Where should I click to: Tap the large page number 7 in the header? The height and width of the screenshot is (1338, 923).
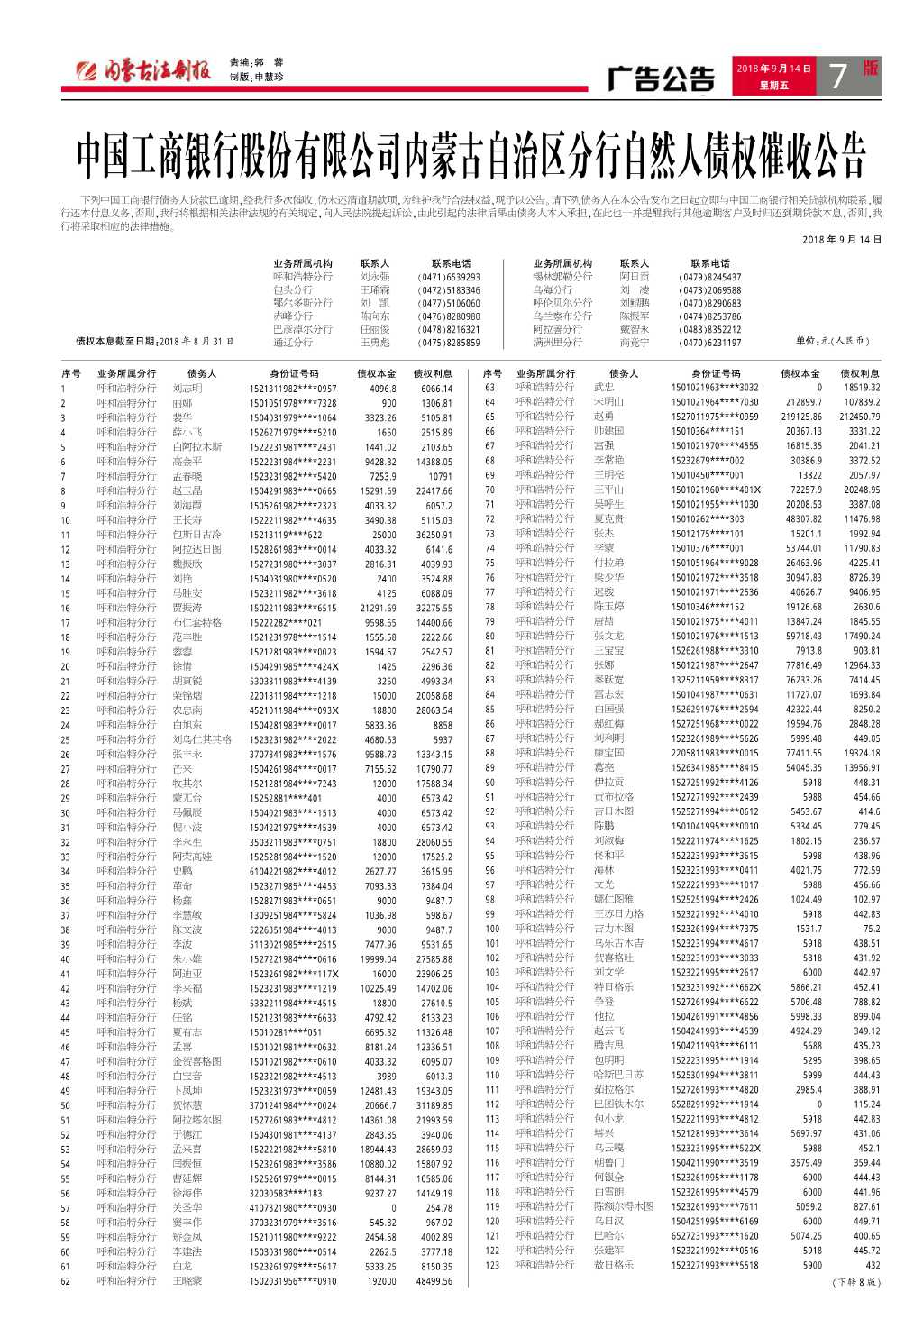837,77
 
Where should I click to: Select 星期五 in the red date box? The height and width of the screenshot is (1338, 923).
773,86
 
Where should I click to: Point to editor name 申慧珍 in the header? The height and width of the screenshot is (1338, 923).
269,78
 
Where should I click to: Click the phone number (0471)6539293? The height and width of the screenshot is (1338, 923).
449,278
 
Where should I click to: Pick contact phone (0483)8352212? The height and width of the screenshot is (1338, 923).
710,330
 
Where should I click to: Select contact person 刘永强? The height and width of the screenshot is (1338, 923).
375,278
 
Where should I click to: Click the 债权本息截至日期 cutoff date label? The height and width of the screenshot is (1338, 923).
154,342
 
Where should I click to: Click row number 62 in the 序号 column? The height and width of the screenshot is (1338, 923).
65,1281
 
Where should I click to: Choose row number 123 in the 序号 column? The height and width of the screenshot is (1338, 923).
492,1265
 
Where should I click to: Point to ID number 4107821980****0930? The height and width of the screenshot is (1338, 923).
293,1208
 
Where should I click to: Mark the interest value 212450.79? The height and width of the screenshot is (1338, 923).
860,417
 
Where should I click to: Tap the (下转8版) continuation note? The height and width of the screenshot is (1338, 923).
855,1282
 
